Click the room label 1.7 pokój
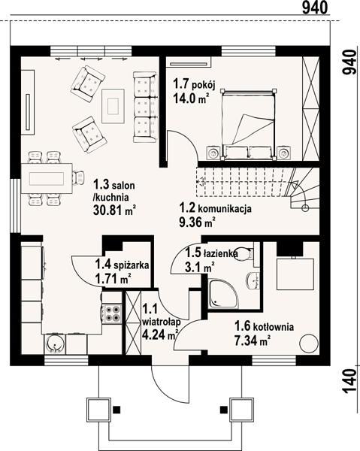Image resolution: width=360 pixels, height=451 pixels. pos(194,84)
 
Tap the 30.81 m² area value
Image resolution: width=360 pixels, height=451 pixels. pos(114,210)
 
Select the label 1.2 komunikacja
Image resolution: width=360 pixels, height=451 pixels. pos(216,207)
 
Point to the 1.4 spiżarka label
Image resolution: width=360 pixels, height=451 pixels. pos(123,265)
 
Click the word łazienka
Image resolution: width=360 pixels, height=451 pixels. pos(220,253)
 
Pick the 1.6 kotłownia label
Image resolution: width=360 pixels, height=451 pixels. pos(265,326)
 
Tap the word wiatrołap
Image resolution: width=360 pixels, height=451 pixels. pos(162,322)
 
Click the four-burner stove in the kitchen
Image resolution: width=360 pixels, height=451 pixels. pos(112,313)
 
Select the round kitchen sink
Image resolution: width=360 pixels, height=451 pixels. pos(55,344)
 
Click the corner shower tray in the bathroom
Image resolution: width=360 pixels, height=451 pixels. pos(224,294)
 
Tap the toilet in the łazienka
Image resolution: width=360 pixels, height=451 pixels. pos(244,254)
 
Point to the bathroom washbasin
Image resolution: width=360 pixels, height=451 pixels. pos(253,280)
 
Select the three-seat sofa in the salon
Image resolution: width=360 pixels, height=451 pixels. pos(146,107)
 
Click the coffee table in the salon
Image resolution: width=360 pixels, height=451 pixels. pos(113,106)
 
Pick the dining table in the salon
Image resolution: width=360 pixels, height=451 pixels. pos(47,178)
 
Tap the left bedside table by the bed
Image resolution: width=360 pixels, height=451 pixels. pos(213,153)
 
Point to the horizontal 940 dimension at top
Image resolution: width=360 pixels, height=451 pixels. pos(315,8)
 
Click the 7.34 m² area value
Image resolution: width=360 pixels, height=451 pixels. pos(253,341)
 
